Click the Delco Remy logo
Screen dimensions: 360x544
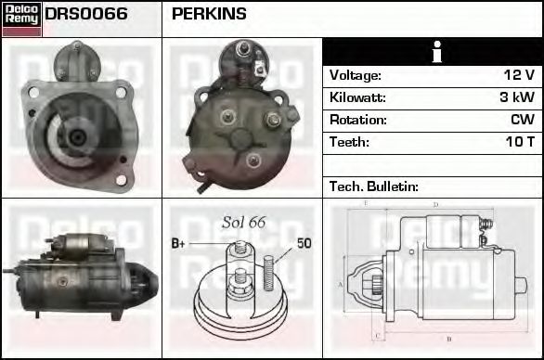pos(21,19)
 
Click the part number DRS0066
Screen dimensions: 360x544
pos(86,15)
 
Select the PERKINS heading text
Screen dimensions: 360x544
pos(209,15)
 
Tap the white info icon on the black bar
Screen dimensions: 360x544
pos(434,52)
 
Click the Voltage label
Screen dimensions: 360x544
pos(356,75)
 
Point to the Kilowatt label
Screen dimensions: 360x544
pos(357,97)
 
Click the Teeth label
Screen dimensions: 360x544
pos(349,142)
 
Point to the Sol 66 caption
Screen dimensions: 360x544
pos(244,223)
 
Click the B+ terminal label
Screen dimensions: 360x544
pos(179,244)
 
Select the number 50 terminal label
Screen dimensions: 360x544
pos(304,244)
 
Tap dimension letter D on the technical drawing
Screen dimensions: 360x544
pos(436,205)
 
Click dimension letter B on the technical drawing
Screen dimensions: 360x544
pos(449,340)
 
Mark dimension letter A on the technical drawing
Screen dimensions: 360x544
pos(341,283)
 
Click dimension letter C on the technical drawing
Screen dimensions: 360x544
pos(375,334)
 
